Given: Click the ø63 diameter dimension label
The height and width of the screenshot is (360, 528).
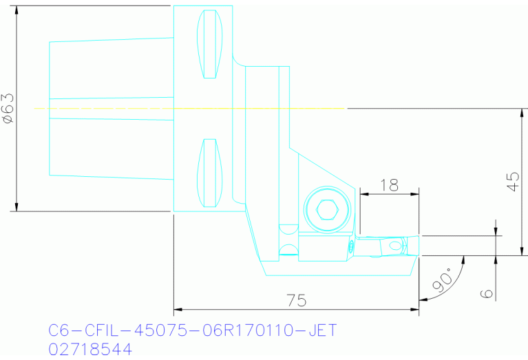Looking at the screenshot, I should [8, 109].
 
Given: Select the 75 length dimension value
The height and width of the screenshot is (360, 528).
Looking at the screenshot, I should [296, 301].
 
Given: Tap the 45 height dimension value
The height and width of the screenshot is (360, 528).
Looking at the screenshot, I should [512, 181].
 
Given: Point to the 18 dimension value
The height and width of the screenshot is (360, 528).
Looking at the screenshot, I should [389, 184].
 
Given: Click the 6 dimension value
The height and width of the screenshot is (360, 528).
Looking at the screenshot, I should [487, 293].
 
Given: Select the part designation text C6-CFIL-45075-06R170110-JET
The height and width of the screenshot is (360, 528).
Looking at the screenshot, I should [193, 331].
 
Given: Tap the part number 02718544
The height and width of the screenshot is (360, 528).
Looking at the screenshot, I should [89, 350].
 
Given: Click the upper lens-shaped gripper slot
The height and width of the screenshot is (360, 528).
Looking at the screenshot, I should [210, 45].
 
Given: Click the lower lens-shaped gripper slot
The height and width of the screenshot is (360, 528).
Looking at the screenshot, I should [210, 173].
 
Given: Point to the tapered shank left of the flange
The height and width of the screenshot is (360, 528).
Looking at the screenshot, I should [110, 109].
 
